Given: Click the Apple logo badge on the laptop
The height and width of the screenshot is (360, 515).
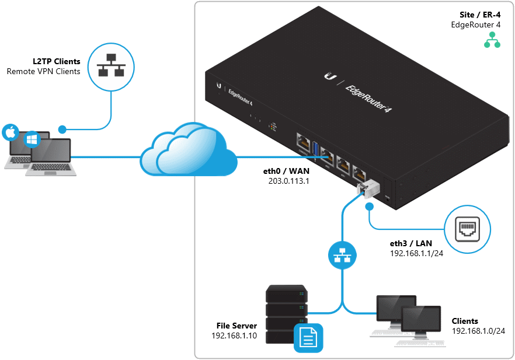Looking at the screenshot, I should [9, 132].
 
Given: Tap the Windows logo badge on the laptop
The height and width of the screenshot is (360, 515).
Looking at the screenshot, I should [31, 141].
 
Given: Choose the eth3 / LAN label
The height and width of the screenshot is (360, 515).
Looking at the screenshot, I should [412, 243].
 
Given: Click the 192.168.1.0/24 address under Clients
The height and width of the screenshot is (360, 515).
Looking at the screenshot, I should [478, 331].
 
